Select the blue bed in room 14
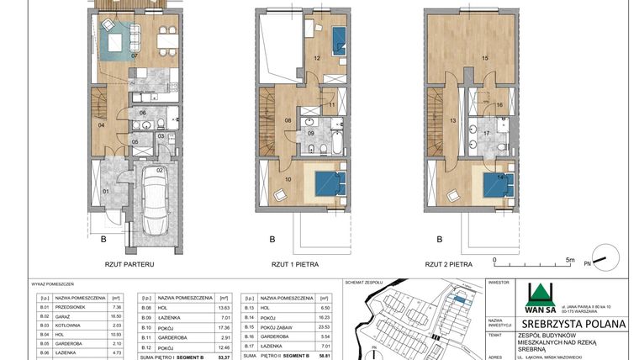click(495, 184)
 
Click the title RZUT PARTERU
click(129, 263)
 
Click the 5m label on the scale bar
click(569, 261)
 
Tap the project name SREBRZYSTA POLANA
click(573, 323)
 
